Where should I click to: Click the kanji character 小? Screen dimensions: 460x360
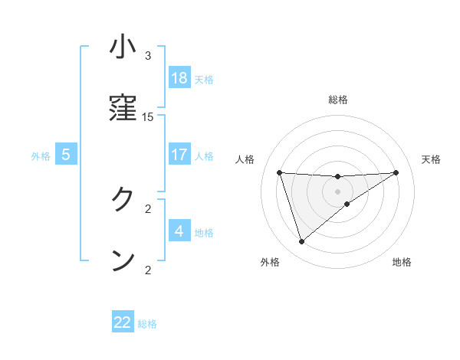coord(123,47)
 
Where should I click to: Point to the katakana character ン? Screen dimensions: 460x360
coord(123,260)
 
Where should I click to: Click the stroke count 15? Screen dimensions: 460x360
coord(148,117)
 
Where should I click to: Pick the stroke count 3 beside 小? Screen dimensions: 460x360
coord(148,56)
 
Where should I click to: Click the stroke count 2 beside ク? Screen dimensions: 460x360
coord(148,208)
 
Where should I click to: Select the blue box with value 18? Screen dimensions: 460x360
coord(179,77)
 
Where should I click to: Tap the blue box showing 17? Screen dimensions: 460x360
coord(179,154)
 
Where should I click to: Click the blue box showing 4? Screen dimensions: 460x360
coord(179,231)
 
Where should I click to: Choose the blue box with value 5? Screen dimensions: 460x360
coord(66,154)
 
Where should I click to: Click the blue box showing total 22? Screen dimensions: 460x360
coord(123,322)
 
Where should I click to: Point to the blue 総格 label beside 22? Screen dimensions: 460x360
coord(147,324)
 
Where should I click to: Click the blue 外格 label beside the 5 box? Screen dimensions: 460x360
coord(41,156)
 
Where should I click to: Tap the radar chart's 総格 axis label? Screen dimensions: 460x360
coord(338,100)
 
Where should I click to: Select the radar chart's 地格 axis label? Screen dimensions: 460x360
coord(402,263)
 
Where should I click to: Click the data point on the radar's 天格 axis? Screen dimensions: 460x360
coord(396,172)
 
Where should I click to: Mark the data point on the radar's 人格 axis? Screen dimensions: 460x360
coord(280,172)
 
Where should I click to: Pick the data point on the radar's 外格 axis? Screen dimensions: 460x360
coord(302,242)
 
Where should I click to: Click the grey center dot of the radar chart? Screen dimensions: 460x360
coord(338,191)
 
